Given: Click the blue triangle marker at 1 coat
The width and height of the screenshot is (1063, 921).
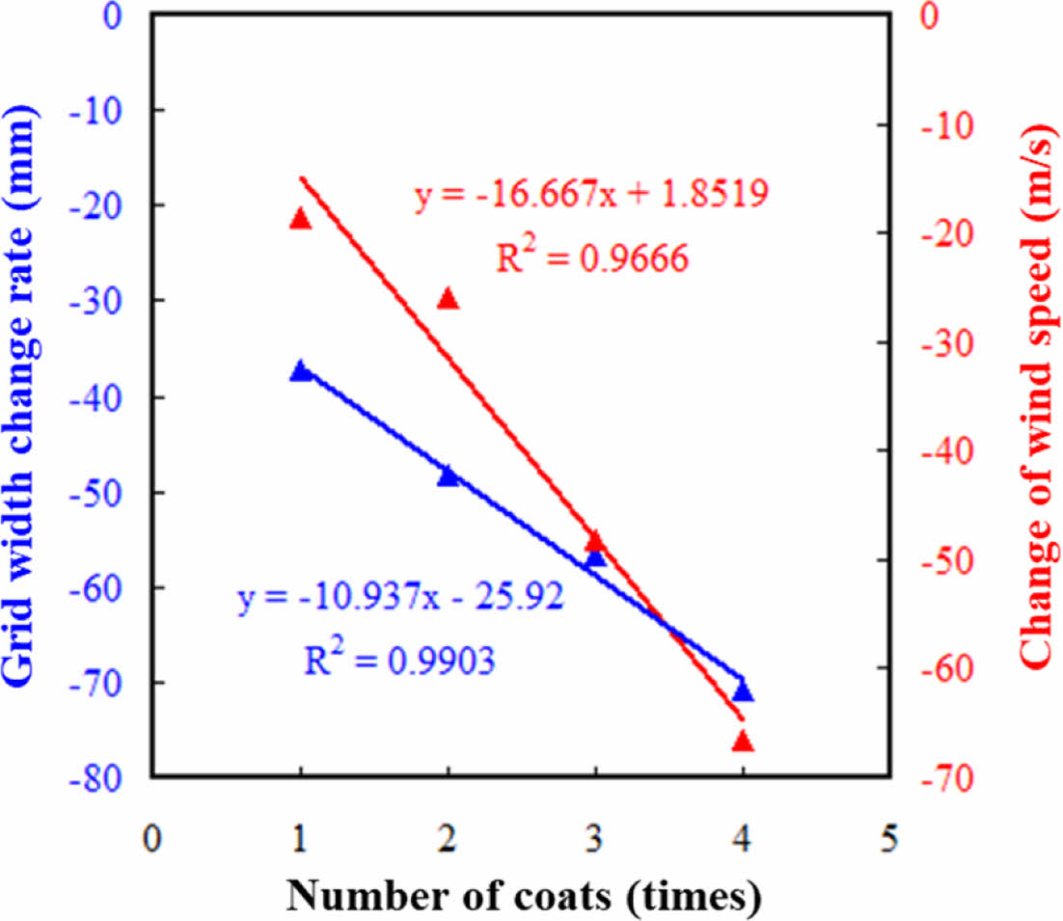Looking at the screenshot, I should tap(301, 370).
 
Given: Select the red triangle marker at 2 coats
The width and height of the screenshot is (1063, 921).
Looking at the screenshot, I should tap(448, 299).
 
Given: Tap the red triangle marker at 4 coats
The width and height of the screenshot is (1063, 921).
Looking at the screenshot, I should tap(742, 741).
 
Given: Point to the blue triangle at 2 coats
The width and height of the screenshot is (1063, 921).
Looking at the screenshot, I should tap(448, 475).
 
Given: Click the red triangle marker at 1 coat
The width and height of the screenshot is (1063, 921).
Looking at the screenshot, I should tap(300, 219).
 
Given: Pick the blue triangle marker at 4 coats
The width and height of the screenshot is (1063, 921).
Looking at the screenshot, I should tap(742, 691).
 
